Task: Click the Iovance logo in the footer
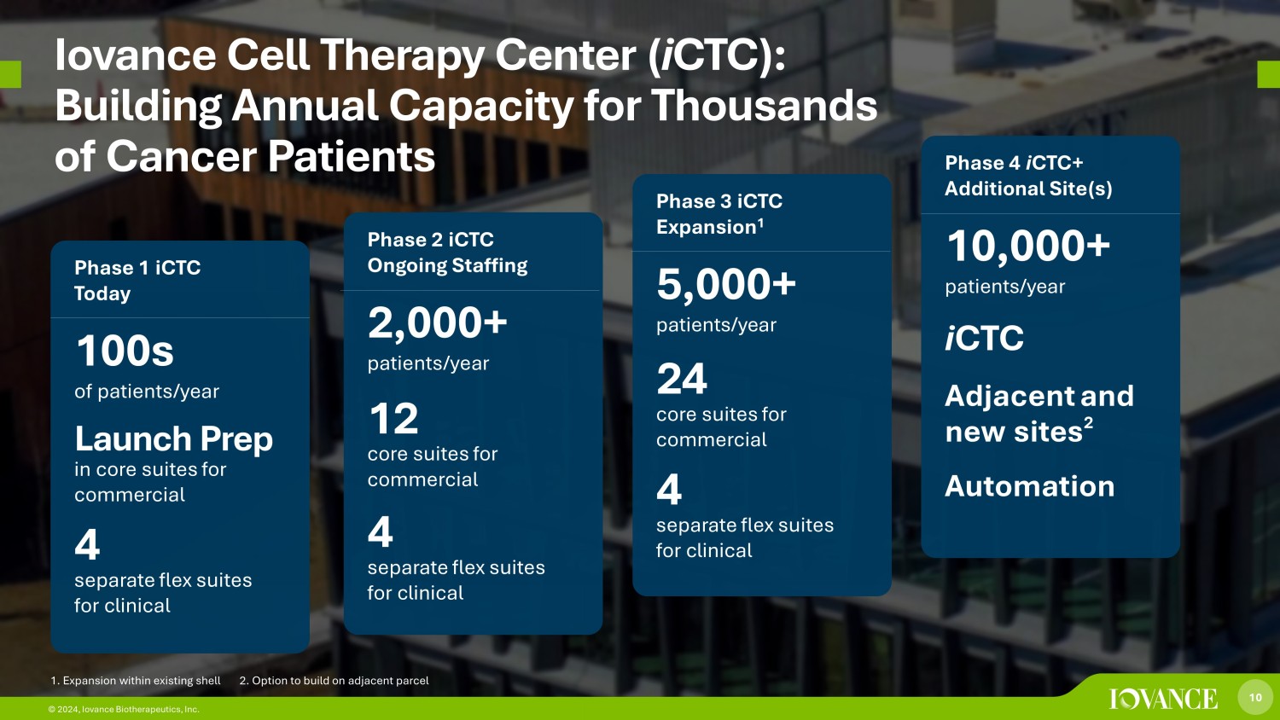(x=1163, y=699)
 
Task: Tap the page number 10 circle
(x=1255, y=697)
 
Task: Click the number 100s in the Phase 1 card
(x=125, y=351)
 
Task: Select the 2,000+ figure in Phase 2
(x=437, y=323)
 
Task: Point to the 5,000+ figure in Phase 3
(x=725, y=285)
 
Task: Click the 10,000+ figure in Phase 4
(x=1027, y=247)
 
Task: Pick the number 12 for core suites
(x=393, y=419)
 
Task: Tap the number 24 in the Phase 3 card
(x=681, y=380)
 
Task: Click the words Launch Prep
(x=173, y=439)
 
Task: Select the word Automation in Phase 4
(x=1029, y=486)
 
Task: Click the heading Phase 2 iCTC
(x=430, y=240)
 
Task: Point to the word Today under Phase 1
(x=102, y=293)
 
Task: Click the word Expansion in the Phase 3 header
(x=706, y=227)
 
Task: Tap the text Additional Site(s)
(x=1027, y=189)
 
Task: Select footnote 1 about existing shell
(x=136, y=681)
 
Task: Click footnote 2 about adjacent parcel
(x=334, y=681)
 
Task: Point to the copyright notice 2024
(x=124, y=709)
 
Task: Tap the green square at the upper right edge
(x=1268, y=74)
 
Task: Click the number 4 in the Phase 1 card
(x=87, y=545)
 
